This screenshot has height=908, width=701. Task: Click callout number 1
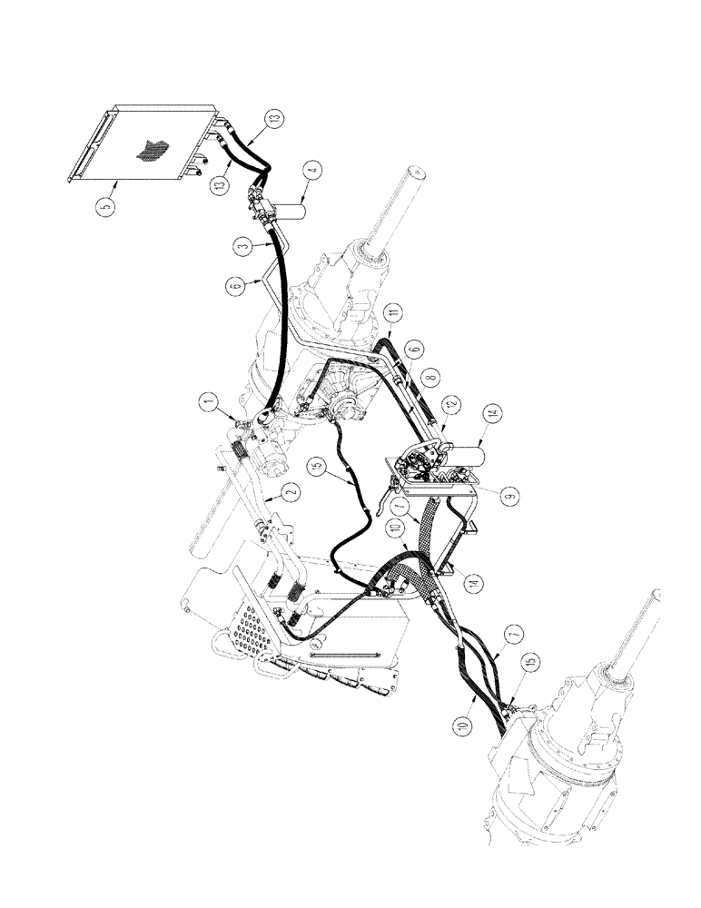210,399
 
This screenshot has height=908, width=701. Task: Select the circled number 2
290,492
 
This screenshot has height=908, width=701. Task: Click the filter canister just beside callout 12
469,454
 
